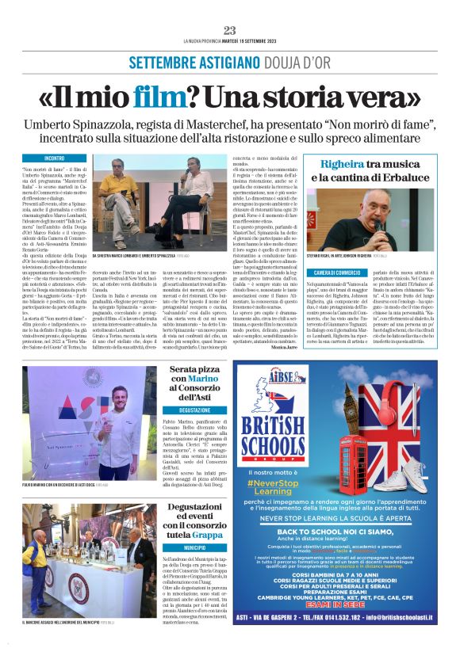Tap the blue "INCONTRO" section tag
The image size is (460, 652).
(x=55, y=158)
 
